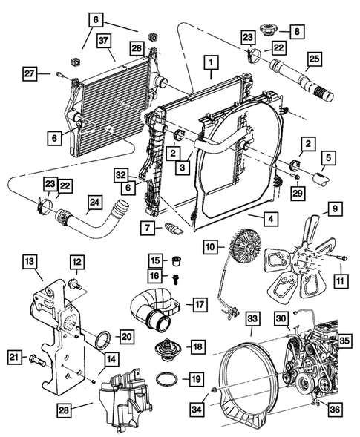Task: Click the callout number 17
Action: pyautogui.click(x=199, y=303)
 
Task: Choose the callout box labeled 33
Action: pyautogui.click(x=252, y=319)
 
